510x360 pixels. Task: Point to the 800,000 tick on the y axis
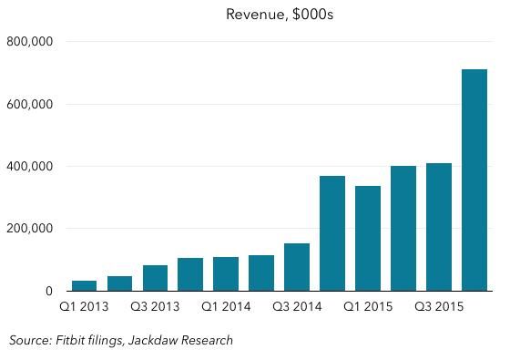(x=30, y=42)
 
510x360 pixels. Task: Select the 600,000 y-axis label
(x=30, y=104)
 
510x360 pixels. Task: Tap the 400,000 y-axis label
(x=30, y=167)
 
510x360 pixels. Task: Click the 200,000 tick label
(x=30, y=229)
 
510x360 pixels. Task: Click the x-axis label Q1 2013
(x=84, y=308)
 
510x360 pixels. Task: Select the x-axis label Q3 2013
(x=155, y=308)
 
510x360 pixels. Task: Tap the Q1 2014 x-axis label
(x=226, y=308)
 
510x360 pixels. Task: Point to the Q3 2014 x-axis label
(x=297, y=308)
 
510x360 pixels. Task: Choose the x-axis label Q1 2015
(x=368, y=308)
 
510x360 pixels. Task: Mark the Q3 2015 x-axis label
(x=439, y=308)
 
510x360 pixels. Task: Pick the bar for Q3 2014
(x=297, y=268)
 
